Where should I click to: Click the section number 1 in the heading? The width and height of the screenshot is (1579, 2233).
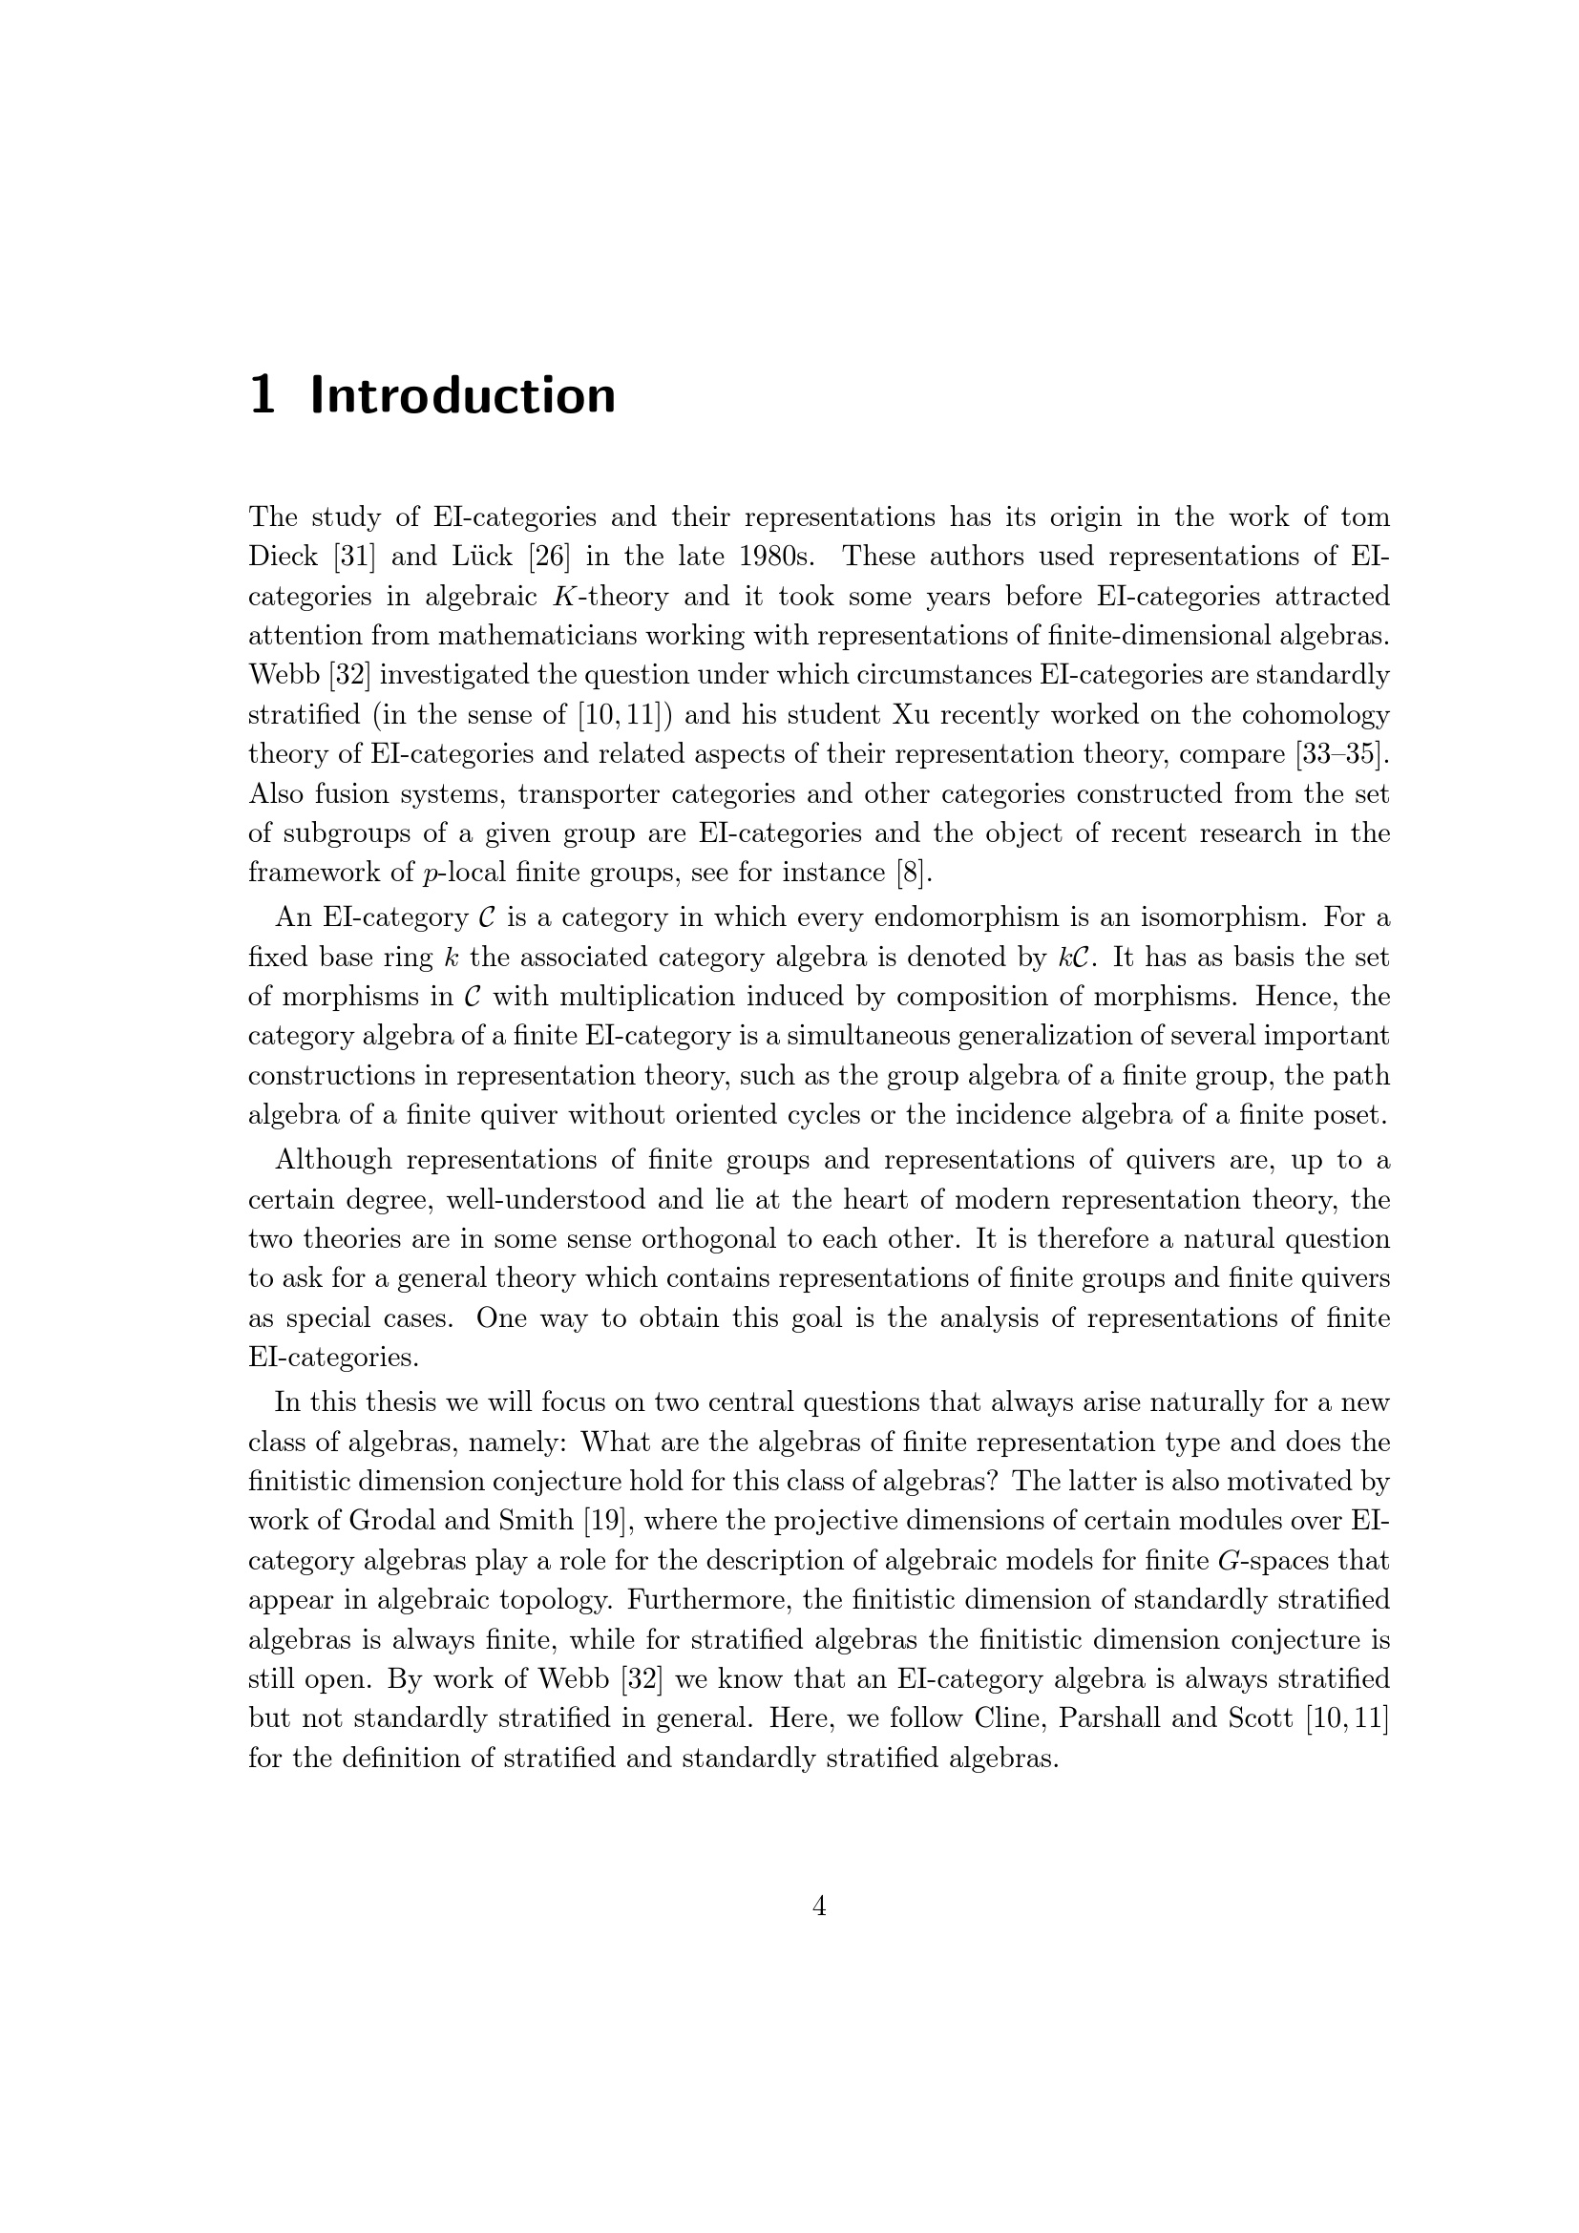[x=262, y=396]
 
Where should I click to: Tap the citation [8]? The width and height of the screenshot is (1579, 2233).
[x=914, y=874]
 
